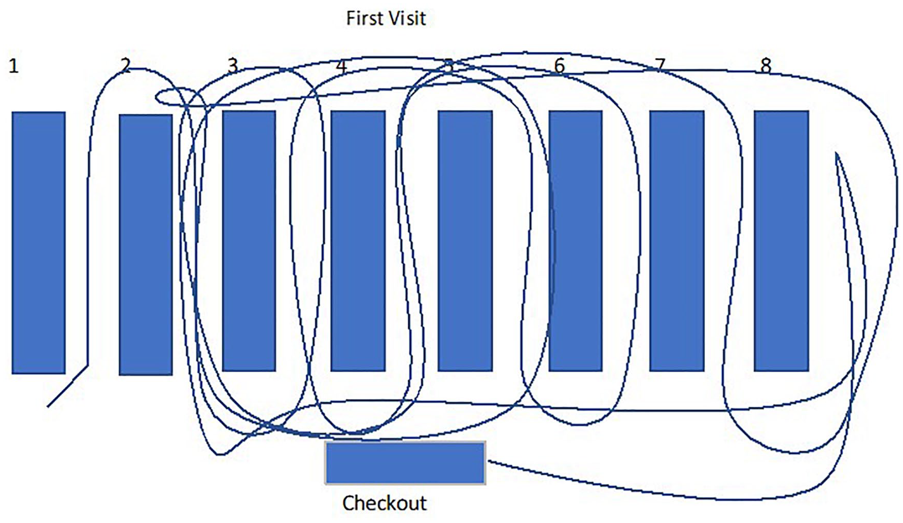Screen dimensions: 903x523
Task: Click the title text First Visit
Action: click(x=386, y=19)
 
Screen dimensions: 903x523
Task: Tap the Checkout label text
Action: click(x=385, y=503)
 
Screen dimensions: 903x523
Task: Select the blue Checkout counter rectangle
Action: click(x=405, y=463)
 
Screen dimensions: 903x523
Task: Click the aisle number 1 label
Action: click(x=14, y=66)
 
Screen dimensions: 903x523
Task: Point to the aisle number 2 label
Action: click(x=126, y=66)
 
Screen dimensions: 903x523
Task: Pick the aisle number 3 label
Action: click(x=233, y=66)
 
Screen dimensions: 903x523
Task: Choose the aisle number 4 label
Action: click(x=341, y=66)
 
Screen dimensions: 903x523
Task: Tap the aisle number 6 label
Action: click(x=560, y=66)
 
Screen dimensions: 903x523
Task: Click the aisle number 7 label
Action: click(x=660, y=66)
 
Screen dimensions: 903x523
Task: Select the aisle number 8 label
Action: click(x=766, y=66)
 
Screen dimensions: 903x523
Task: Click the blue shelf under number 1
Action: click(x=39, y=242)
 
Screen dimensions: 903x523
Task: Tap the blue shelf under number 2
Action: click(x=146, y=245)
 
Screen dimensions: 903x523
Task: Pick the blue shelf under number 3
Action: click(x=249, y=241)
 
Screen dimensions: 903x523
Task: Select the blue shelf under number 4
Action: click(x=358, y=241)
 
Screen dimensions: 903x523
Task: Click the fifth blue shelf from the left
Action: click(x=465, y=241)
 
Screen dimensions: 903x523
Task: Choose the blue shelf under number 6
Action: click(x=576, y=241)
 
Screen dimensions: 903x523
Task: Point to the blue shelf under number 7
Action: click(x=677, y=241)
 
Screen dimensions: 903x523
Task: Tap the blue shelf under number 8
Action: click(x=782, y=241)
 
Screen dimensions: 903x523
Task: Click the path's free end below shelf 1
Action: click(x=47, y=407)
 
